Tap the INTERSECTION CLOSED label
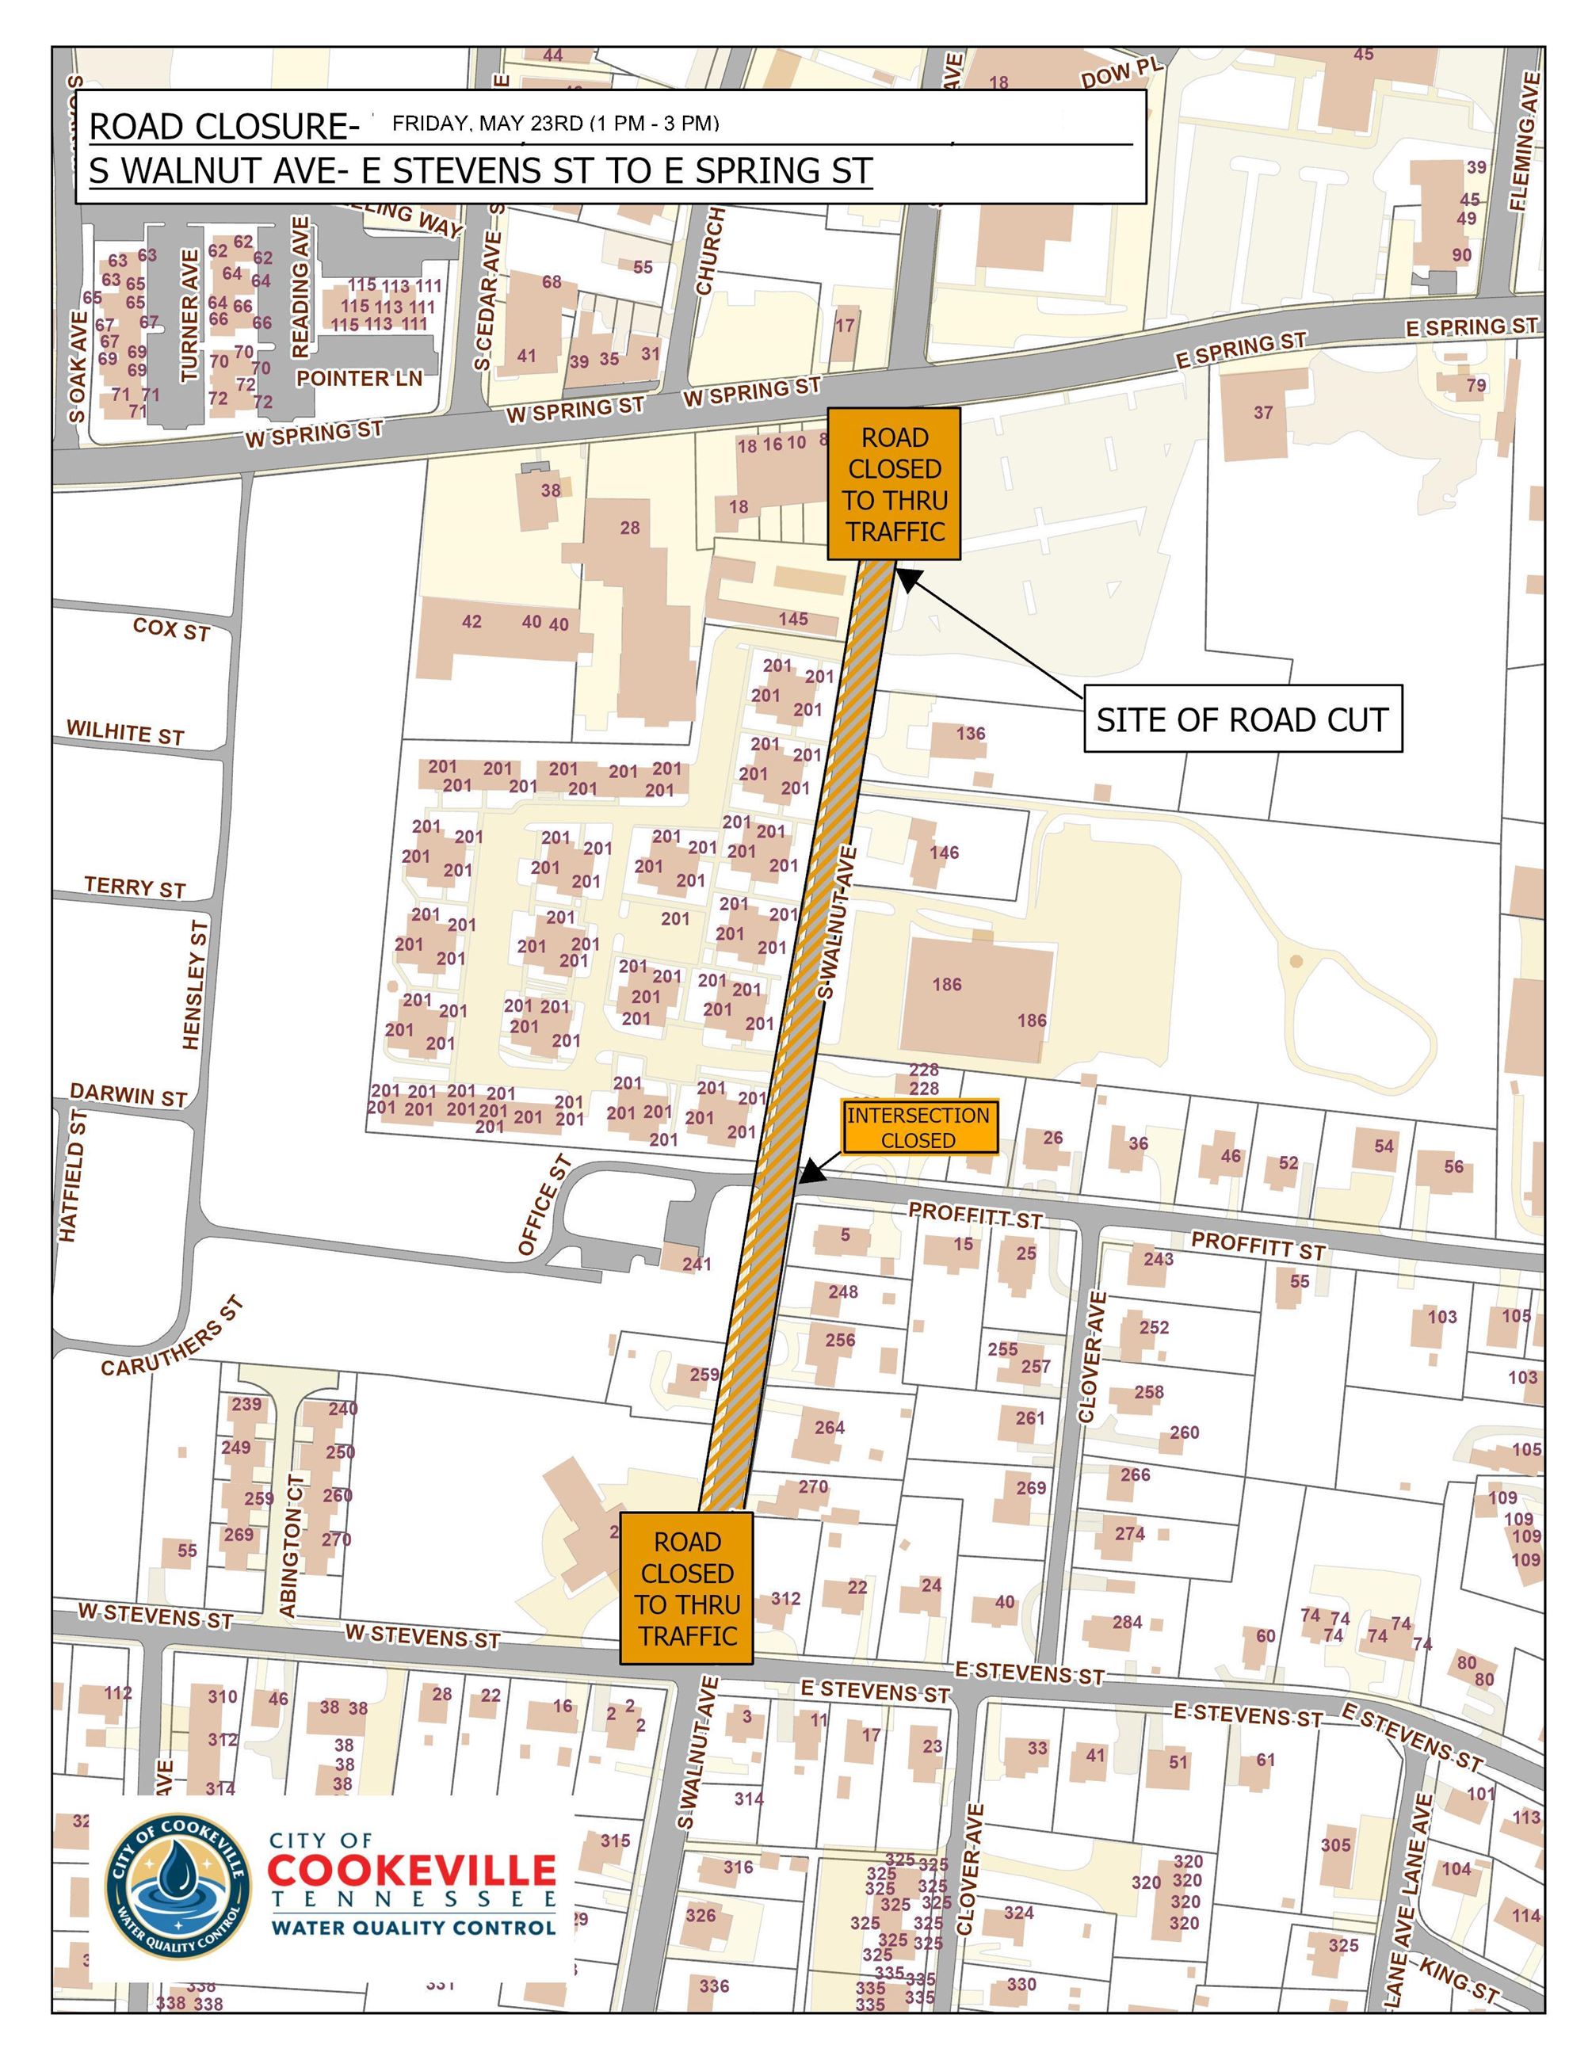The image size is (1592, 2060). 918,1127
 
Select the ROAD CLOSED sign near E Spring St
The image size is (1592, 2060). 894,484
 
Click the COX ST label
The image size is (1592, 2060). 170,629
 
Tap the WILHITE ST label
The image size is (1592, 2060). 124,733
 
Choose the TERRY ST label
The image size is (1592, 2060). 135,887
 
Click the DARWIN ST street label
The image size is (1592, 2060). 128,1095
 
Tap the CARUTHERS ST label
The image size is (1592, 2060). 174,1337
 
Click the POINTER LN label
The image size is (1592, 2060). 359,378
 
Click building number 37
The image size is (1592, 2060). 1263,413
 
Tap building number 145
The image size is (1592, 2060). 793,619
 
